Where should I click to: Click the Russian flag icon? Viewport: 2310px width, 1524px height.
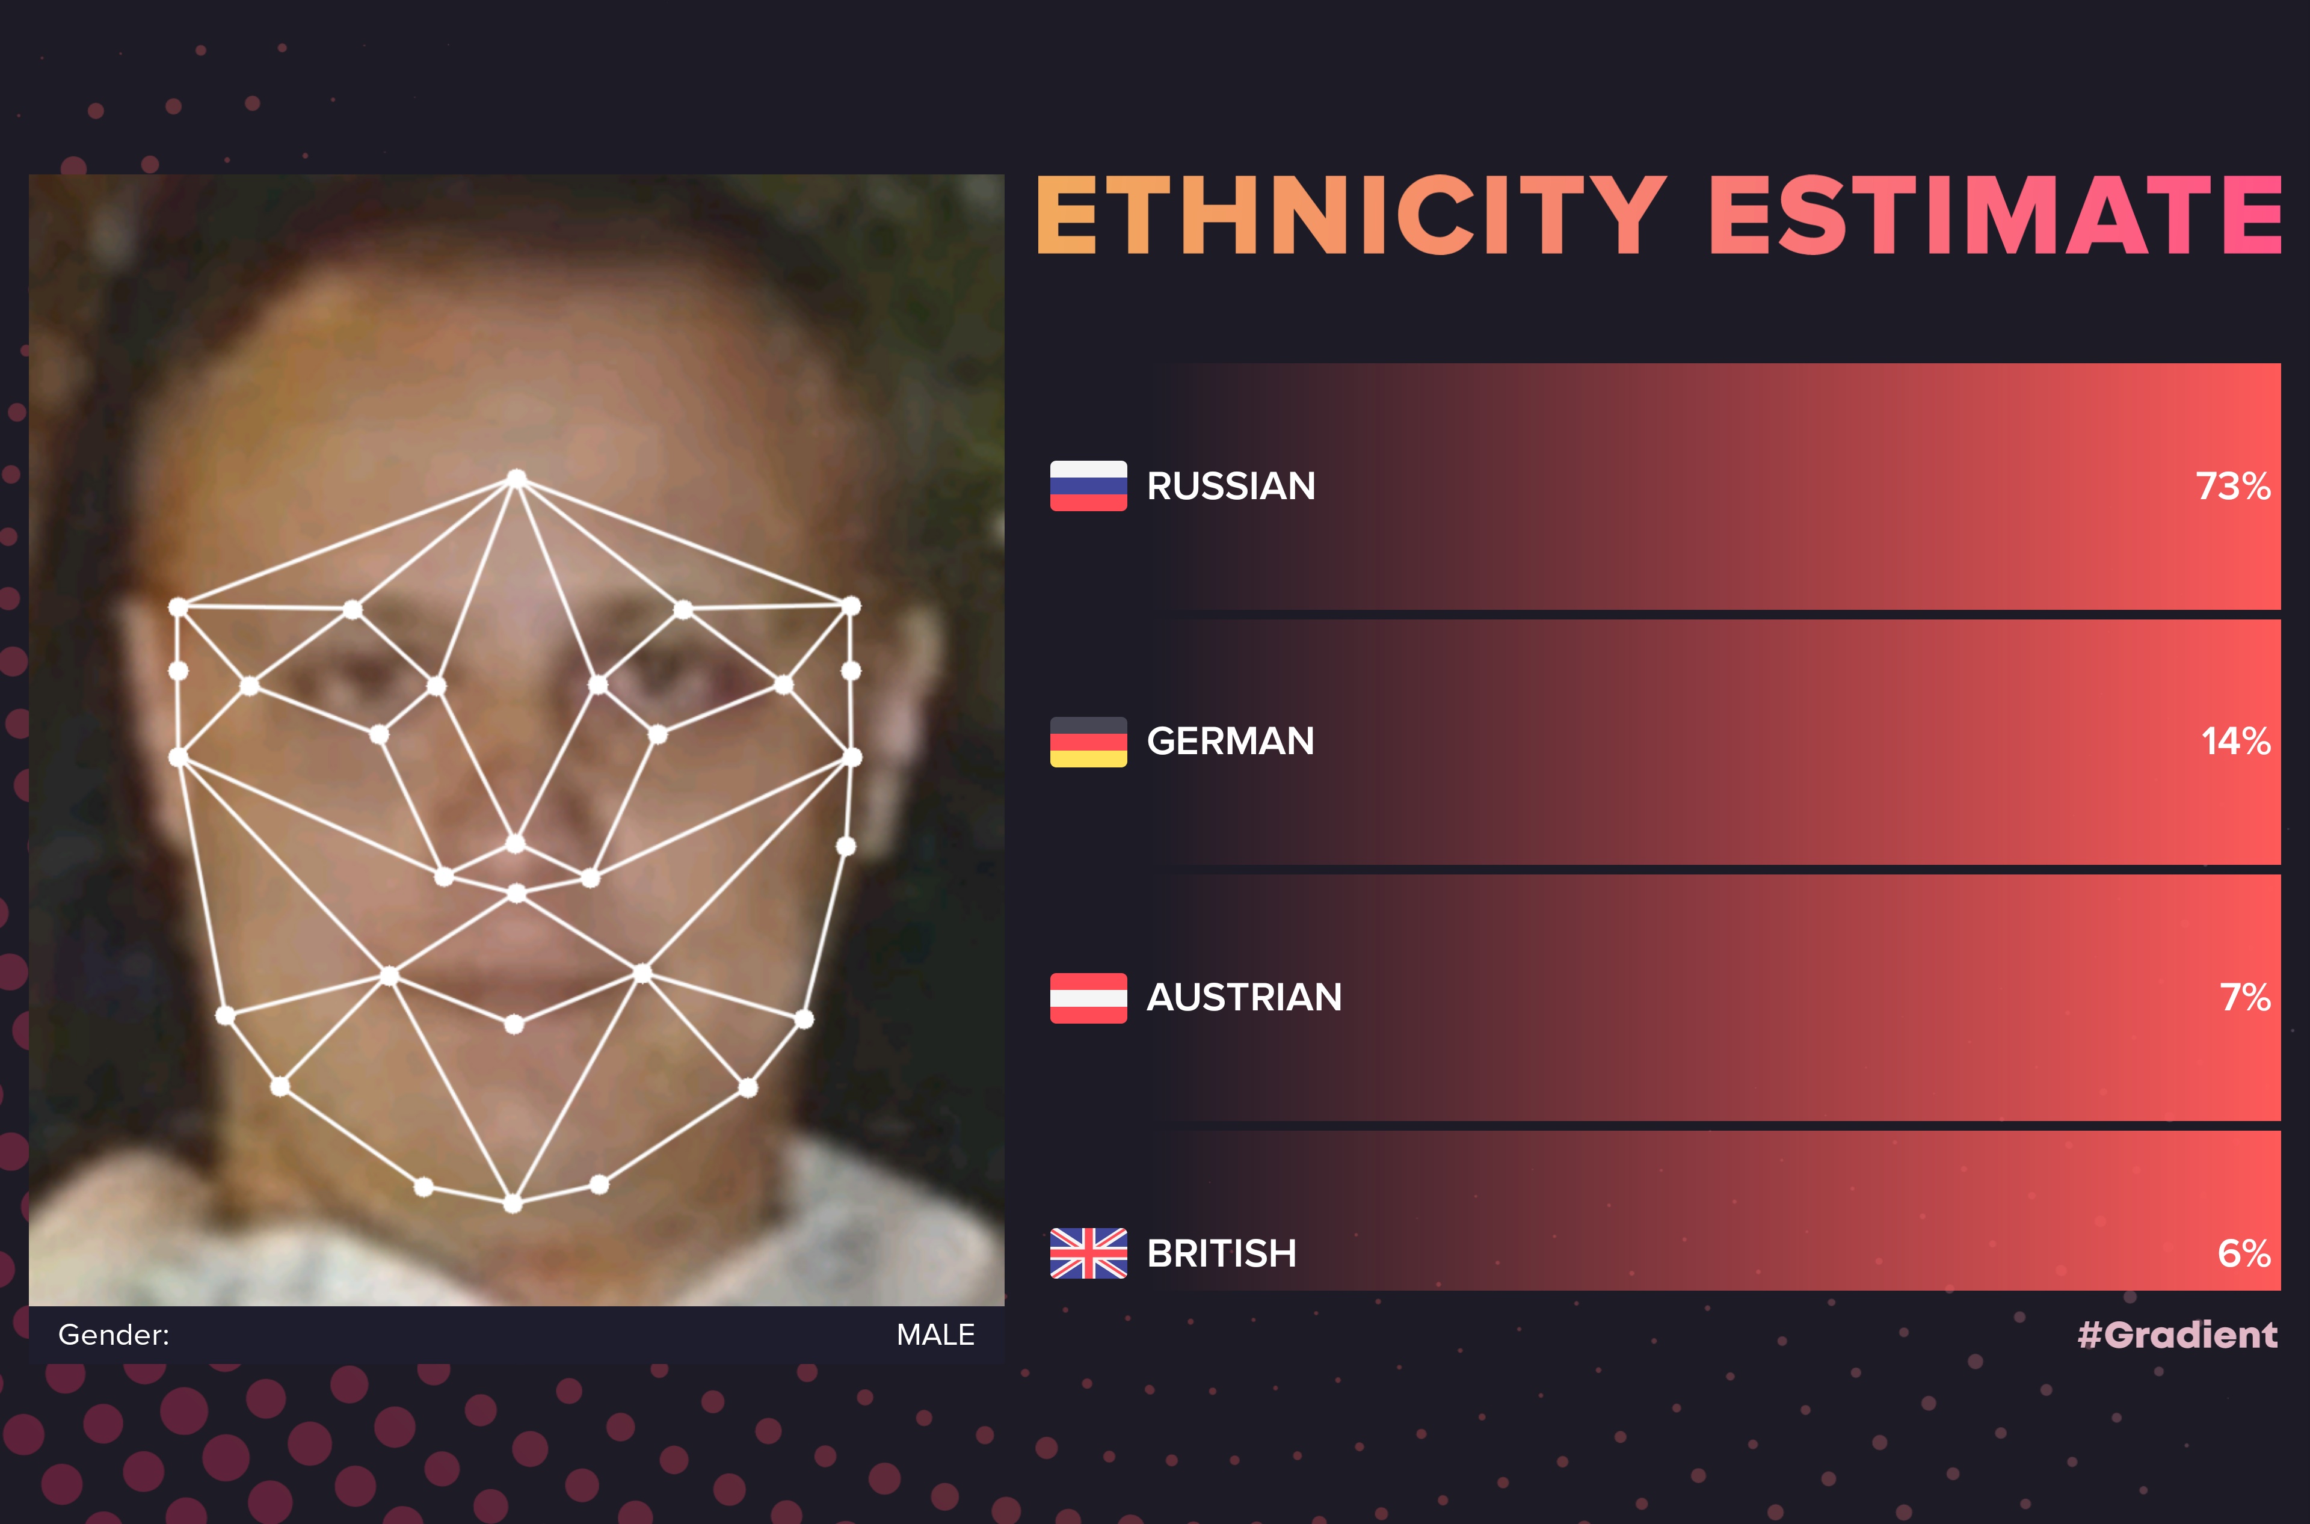click(x=1088, y=486)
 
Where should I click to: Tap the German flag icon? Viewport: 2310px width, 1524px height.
click(x=1088, y=742)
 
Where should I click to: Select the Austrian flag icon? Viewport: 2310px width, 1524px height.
click(x=1088, y=998)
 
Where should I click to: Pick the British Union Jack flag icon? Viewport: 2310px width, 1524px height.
click(x=1088, y=1254)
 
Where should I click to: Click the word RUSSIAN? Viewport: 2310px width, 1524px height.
click(x=1231, y=486)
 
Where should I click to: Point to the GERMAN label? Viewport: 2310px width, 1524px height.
click(x=1230, y=742)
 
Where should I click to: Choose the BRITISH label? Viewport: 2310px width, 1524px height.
click(x=1221, y=1254)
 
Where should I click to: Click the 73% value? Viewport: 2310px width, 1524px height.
click(x=2233, y=486)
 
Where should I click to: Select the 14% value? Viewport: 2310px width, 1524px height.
click(x=2236, y=742)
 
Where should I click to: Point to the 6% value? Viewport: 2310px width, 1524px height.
click(x=2244, y=1254)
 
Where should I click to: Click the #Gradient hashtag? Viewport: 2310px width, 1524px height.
click(x=2178, y=1335)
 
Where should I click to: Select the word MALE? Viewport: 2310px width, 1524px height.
click(x=935, y=1335)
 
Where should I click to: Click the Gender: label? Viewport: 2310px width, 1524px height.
click(x=114, y=1335)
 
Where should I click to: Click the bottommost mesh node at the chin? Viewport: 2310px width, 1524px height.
click(x=513, y=1204)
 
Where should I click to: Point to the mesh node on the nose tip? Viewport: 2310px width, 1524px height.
click(x=516, y=844)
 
